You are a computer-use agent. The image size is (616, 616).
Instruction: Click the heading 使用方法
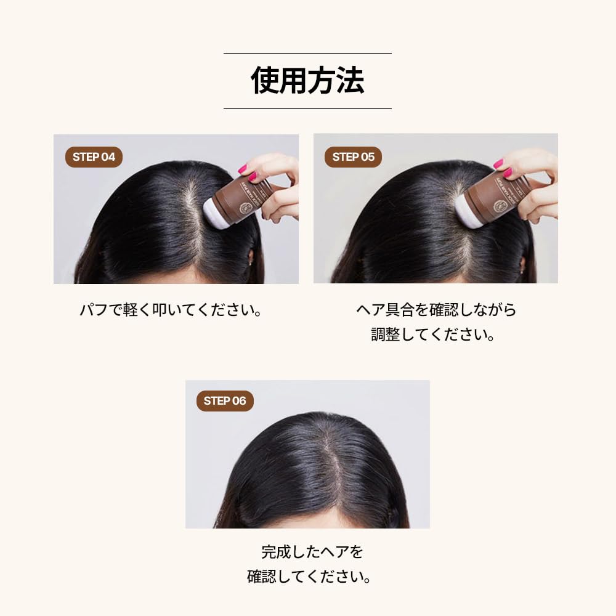point(307,81)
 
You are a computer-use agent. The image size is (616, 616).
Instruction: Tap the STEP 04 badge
point(94,156)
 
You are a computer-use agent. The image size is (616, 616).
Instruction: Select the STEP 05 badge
point(353,156)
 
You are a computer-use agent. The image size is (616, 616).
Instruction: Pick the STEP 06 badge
point(225,401)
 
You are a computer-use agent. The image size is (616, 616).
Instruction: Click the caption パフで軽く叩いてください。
point(171,310)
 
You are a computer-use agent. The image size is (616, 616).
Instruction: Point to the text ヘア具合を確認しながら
point(436,309)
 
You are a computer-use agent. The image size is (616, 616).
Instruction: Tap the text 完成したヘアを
point(307,551)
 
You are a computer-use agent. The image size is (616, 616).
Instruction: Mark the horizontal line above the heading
point(307,54)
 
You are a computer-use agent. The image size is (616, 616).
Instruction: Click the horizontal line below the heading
point(307,108)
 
